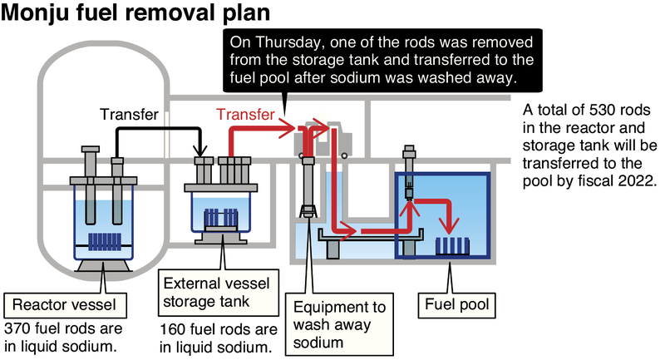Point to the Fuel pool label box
456,304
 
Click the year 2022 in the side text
638,179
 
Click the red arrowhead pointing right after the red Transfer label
290,128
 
